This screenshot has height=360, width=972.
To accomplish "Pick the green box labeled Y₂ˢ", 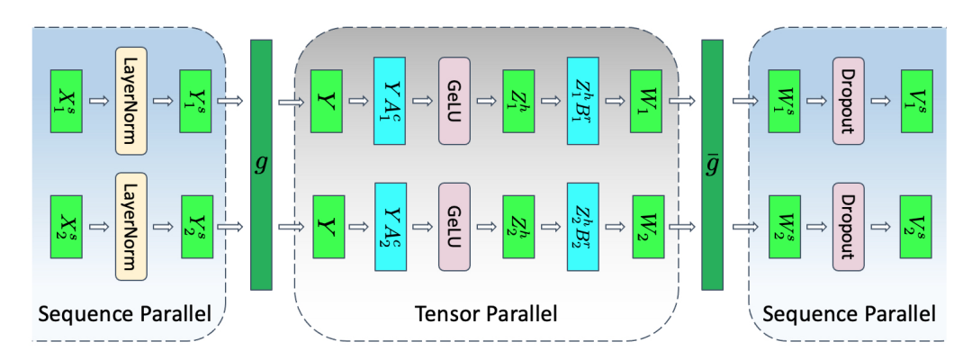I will coord(196,220).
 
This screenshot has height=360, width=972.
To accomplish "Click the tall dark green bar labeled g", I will coord(261,165).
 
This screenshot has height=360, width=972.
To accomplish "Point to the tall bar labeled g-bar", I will coord(712,165).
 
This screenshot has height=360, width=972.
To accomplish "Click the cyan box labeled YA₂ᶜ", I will coord(391,220).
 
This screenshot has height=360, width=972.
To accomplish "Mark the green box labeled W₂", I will coord(646,220).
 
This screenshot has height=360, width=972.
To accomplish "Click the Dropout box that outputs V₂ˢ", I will coord(848,220).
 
